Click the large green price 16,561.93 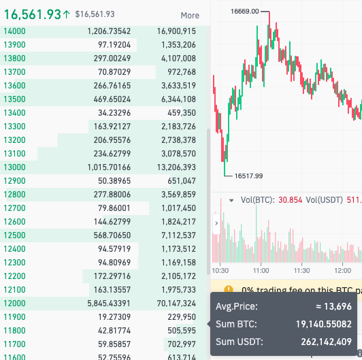point(32,14)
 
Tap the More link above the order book point(190,15)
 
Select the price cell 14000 point(14,31)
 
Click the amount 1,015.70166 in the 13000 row point(111,167)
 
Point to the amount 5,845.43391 point(111,303)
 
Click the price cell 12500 point(14,235)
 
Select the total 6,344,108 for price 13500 point(176,99)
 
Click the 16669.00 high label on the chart point(244,12)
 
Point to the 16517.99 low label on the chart point(248,176)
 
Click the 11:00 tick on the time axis point(262,270)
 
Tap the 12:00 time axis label point(341,270)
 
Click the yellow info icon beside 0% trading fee point(228,290)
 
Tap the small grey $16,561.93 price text point(95,14)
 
